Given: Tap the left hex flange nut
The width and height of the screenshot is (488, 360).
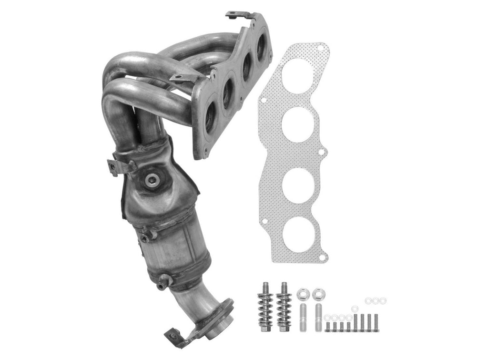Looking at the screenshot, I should [301, 295].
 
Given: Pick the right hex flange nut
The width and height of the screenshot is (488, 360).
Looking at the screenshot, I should [317, 295].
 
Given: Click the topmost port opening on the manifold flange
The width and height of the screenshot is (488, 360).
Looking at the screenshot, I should [261, 46].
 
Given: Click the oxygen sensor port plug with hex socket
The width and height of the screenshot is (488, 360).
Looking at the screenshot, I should [152, 179].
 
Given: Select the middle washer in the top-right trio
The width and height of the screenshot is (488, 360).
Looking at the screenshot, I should [375, 300].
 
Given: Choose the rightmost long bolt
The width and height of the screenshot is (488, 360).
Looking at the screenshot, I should [376, 322].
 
